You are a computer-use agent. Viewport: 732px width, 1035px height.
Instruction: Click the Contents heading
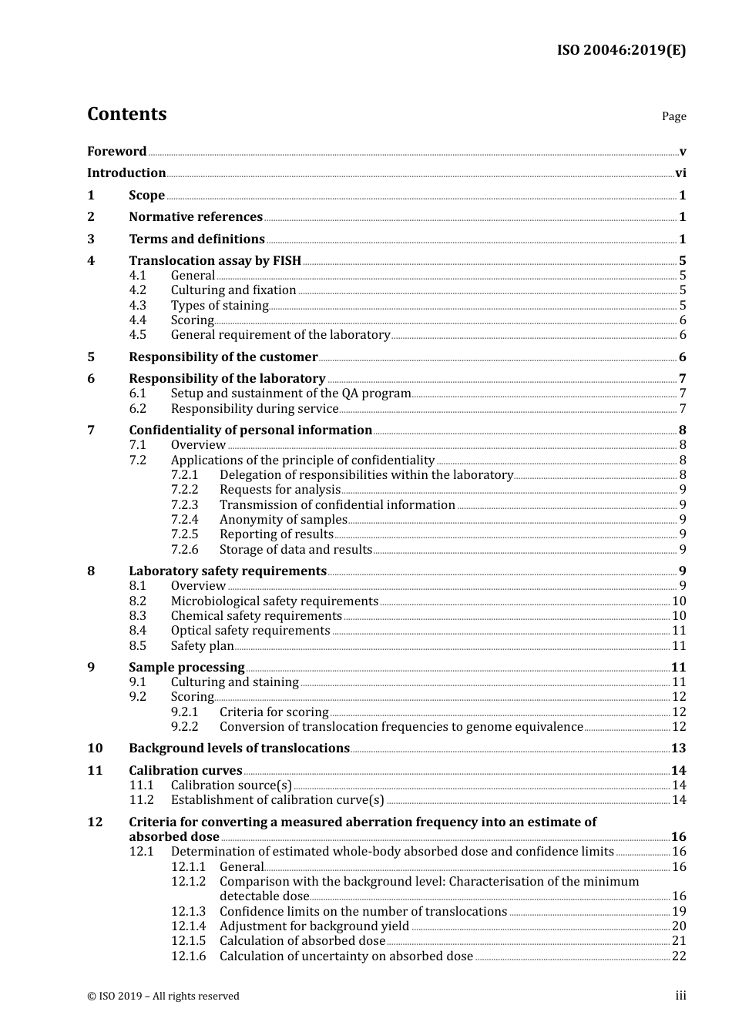[126, 114]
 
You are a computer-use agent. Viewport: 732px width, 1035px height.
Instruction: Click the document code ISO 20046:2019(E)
[621, 50]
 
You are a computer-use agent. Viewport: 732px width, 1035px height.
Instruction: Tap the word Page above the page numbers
[673, 116]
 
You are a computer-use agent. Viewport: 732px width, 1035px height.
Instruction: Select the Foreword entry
[116, 152]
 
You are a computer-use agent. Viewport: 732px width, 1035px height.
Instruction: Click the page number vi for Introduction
[680, 173]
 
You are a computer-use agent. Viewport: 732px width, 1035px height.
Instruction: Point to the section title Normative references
[196, 217]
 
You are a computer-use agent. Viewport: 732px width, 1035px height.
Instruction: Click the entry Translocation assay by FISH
[215, 261]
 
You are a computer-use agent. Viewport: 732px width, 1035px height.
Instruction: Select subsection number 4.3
[137, 306]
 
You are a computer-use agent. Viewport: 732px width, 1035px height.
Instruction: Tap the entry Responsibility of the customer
[223, 357]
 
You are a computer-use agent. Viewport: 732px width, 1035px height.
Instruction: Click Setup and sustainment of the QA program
[290, 394]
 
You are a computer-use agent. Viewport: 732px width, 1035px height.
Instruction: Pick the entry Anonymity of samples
[283, 520]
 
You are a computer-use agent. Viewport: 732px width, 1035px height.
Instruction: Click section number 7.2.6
[184, 550]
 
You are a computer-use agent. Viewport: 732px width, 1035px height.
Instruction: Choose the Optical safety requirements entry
[250, 631]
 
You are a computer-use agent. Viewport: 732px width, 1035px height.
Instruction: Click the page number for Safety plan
[679, 646]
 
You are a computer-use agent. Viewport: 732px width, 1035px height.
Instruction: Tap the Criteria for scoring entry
[274, 712]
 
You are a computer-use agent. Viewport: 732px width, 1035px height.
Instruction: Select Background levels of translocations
[239, 749]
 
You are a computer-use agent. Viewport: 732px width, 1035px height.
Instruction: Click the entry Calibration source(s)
[231, 785]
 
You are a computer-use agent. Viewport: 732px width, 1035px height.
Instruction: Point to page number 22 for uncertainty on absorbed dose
[679, 956]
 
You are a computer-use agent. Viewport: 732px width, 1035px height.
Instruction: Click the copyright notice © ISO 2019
[163, 996]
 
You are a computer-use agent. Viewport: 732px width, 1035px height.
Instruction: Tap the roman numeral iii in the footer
[680, 996]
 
